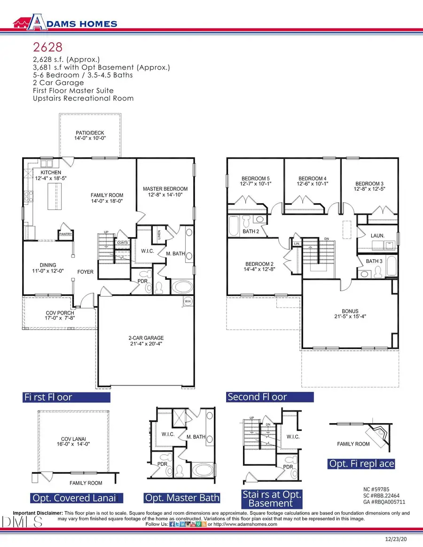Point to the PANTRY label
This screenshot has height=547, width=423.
(65, 234)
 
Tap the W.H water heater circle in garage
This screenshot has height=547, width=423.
(188, 301)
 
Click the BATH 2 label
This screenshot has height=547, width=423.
(251, 231)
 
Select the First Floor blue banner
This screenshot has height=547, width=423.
(66, 397)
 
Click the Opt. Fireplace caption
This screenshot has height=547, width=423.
(361, 464)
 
